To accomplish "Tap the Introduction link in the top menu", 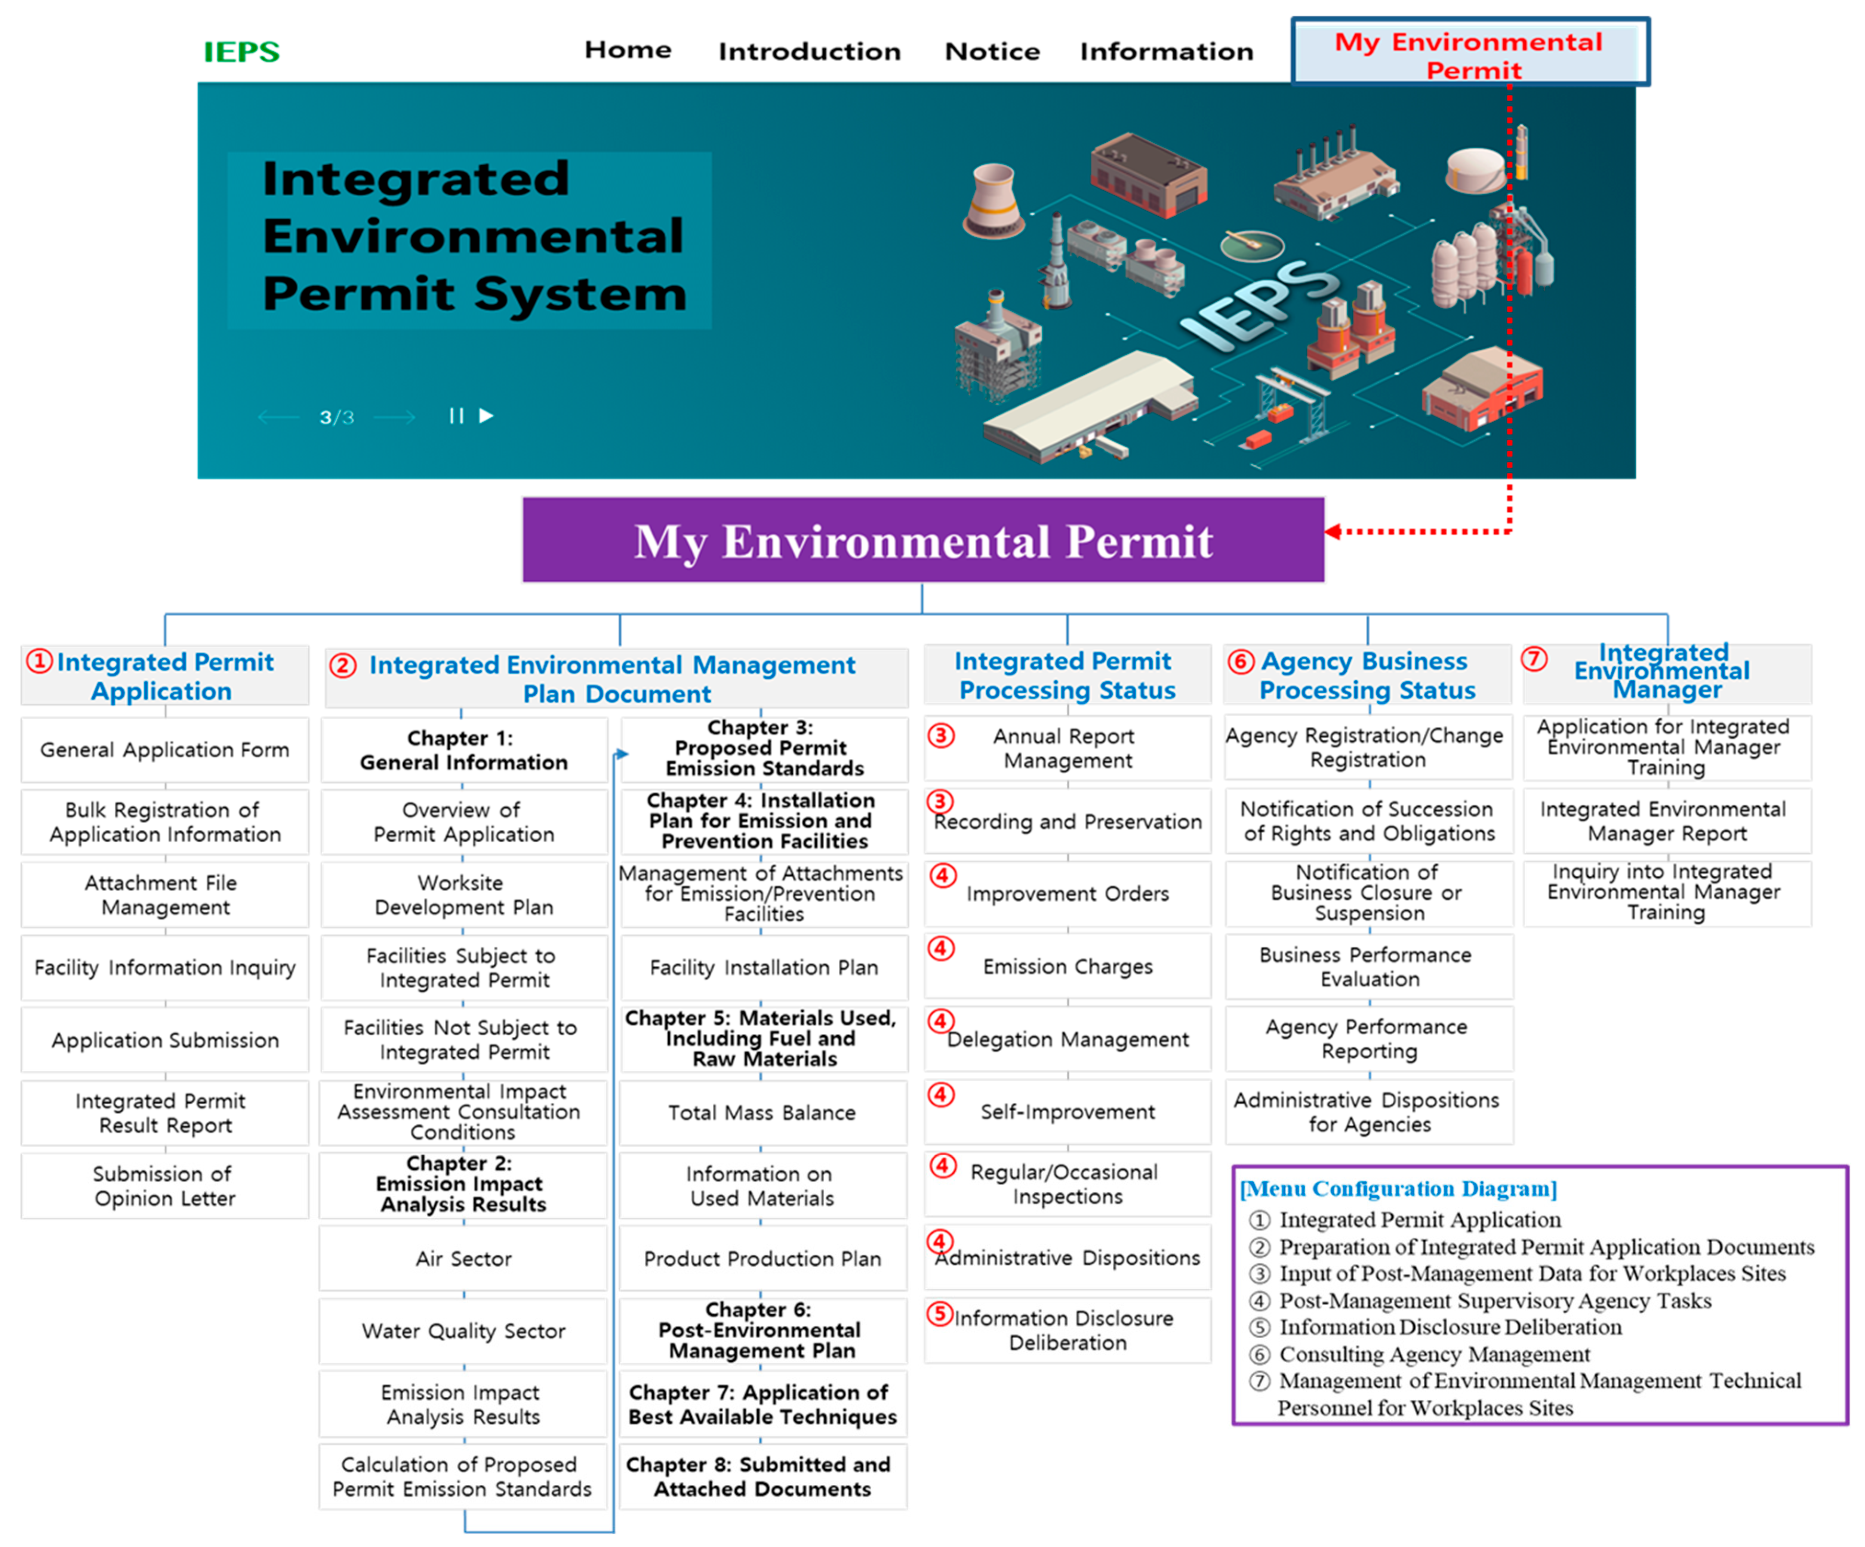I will (809, 51).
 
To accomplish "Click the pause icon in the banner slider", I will (456, 416).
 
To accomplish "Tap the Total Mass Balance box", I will (762, 1113).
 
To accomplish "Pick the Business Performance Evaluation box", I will (1368, 967).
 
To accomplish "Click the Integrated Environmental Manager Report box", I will (1666, 821).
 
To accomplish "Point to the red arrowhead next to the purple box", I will (1332, 531).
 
